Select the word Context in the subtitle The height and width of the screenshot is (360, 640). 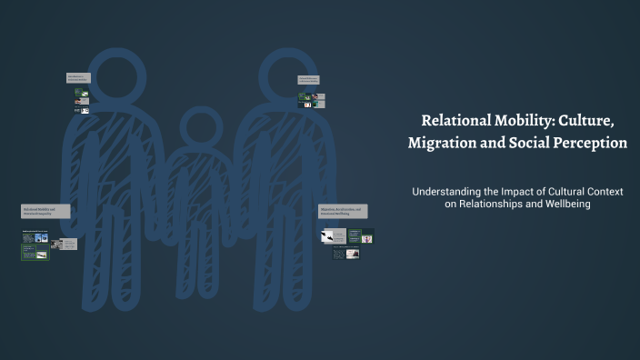[609, 192]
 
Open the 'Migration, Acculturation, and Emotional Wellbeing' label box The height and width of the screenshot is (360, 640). [343, 210]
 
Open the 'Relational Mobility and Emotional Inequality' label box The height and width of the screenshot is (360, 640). [45, 210]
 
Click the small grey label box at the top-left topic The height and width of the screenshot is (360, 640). [78, 78]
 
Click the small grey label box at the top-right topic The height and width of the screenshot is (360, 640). [308, 80]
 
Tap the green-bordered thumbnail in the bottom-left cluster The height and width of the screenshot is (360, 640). [35, 252]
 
